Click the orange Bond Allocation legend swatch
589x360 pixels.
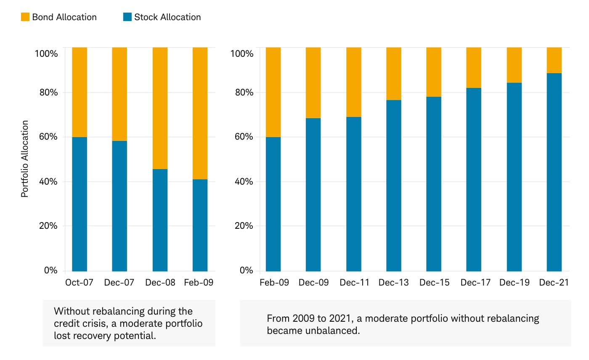(25, 17)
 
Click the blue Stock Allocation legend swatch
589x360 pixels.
(127, 17)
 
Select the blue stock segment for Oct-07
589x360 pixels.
(80, 204)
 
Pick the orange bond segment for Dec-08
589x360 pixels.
(160, 108)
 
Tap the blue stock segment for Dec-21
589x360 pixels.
(554, 172)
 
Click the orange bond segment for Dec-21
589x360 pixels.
(554, 60)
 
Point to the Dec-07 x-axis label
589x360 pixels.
(119, 283)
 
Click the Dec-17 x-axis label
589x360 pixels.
(475, 283)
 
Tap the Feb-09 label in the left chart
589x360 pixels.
(199, 283)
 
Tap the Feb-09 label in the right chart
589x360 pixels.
(274, 283)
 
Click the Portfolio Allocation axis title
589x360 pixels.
(25, 159)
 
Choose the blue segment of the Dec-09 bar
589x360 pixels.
(313, 194)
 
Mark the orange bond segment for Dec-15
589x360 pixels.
(434, 72)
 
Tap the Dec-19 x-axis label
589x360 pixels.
(514, 283)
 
